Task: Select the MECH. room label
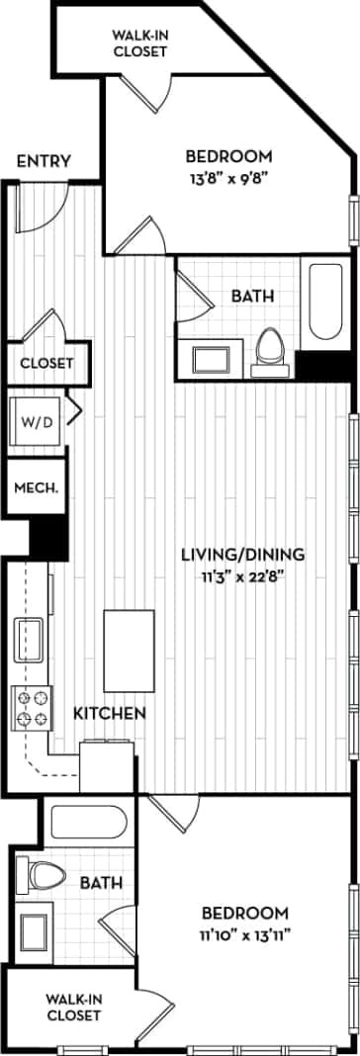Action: pyautogui.click(x=36, y=487)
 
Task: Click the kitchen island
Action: pyautogui.click(x=129, y=651)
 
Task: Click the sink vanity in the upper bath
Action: pyautogui.click(x=210, y=356)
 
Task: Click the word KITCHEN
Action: pyautogui.click(x=110, y=713)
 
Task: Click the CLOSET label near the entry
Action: pyautogui.click(x=46, y=363)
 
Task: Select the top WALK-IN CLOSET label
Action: pyautogui.click(x=138, y=43)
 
